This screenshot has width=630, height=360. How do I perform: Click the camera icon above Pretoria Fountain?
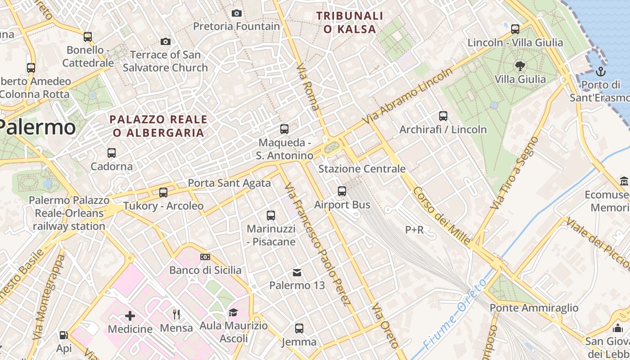click(x=237, y=13)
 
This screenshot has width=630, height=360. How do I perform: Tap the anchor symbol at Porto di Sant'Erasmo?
click(x=601, y=72)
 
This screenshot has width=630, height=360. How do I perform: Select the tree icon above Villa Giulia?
click(x=520, y=66)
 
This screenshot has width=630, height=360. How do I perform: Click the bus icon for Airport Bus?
click(x=342, y=191)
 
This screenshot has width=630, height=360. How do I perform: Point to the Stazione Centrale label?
click(x=362, y=169)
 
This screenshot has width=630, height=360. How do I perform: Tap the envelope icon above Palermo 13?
click(x=297, y=272)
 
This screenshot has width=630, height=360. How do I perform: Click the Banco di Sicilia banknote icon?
click(x=205, y=257)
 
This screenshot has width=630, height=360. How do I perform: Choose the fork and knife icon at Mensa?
click(x=176, y=315)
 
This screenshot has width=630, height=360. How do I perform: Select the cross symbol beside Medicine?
click(x=130, y=316)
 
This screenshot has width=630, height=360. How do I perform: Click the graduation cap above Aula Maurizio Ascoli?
click(x=233, y=312)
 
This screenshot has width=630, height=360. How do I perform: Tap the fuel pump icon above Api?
click(x=63, y=335)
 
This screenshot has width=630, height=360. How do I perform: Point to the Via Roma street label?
click(x=308, y=87)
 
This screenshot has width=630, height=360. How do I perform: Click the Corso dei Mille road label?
click(x=441, y=216)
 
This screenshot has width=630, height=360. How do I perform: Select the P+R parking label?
click(x=414, y=230)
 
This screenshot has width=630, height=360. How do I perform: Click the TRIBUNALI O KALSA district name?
click(x=349, y=22)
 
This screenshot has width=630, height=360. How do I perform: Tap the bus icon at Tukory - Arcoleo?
click(x=163, y=193)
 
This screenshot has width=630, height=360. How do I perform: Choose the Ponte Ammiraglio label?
click(x=534, y=308)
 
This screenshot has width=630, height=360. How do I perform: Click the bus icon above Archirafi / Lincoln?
click(x=443, y=116)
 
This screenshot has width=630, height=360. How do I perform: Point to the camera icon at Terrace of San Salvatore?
click(x=166, y=42)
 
